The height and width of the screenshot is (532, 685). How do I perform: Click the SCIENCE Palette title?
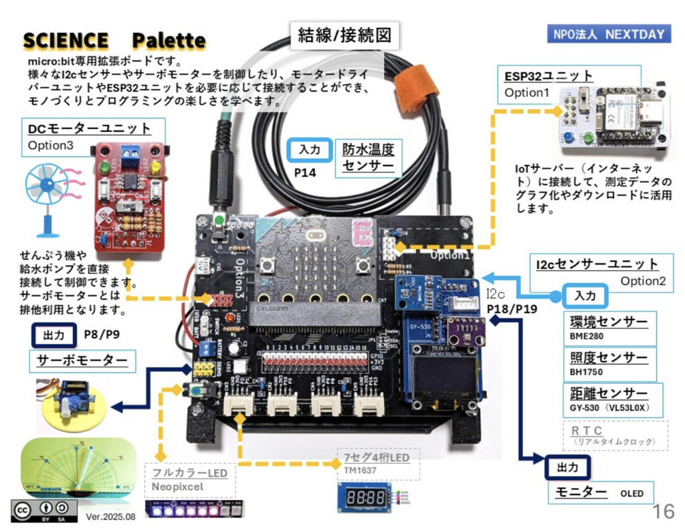[x=114, y=40]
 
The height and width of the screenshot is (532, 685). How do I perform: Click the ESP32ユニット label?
[x=549, y=76]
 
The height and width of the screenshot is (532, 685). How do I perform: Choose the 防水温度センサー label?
[x=368, y=157]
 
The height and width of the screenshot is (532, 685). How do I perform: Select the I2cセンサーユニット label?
[x=597, y=265]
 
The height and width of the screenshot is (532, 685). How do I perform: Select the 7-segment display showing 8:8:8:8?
[x=365, y=498]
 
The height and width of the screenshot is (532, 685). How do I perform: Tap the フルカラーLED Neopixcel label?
[x=190, y=479]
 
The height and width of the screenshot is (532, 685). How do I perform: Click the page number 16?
[x=663, y=511]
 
